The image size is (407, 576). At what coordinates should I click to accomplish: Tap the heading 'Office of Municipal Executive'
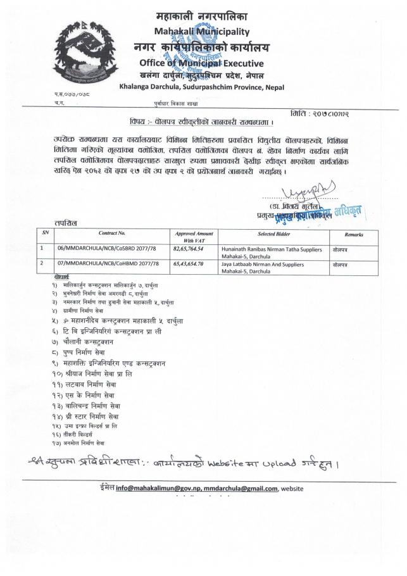(x=201, y=63)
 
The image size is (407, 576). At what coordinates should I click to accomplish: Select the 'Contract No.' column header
(x=117, y=234)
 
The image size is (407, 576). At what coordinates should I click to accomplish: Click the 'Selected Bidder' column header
(x=265, y=234)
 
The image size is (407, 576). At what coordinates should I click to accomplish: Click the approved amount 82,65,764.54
(x=192, y=251)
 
